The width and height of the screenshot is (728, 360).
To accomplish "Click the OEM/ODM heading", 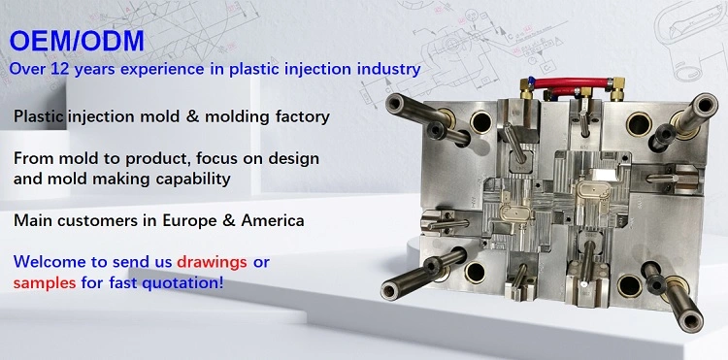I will tap(76, 41).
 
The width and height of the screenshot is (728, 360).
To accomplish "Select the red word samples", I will tap(46, 282).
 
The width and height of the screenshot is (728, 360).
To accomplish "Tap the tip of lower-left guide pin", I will tap(391, 289).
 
